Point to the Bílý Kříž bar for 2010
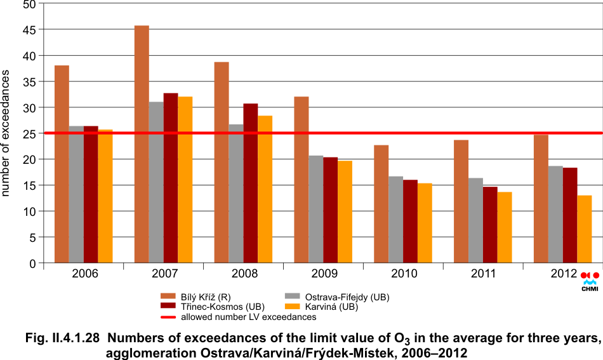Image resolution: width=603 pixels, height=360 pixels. click(x=381, y=204)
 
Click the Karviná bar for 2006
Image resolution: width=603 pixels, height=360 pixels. click(x=105, y=196)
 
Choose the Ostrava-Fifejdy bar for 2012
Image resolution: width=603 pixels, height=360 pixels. click(x=555, y=214)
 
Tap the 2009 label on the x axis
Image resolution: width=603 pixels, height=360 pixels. click(x=324, y=274)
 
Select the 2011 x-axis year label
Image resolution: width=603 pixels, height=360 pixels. click(x=484, y=274)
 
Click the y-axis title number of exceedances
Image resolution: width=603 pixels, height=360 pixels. click(x=6, y=133)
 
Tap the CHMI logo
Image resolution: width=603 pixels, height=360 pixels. click(x=590, y=281)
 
